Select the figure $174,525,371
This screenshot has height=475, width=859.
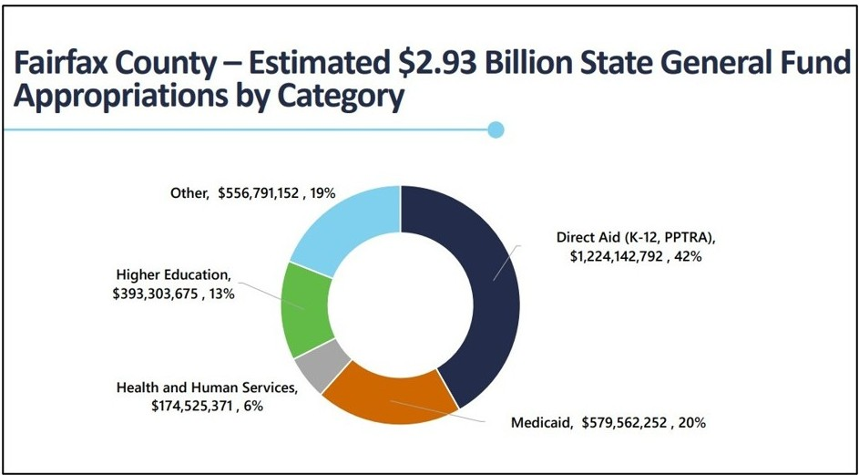(191, 406)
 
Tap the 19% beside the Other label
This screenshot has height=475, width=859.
(322, 193)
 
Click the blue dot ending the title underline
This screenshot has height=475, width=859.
(496, 129)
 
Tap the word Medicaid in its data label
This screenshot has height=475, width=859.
(538, 423)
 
